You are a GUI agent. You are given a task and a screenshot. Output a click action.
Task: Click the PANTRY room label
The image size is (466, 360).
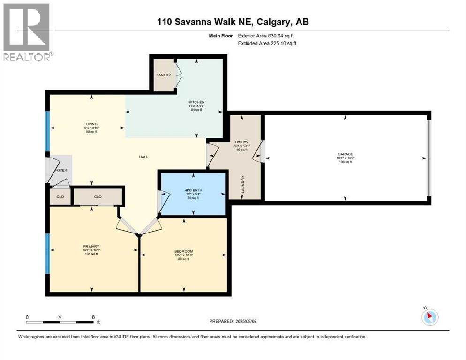click(163, 75)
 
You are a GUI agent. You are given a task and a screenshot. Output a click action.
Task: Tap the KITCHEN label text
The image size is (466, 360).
click(196, 102)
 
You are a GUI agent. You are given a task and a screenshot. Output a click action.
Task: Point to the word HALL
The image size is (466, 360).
click(143, 157)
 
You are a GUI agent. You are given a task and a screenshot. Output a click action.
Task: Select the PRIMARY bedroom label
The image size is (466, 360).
click(91, 246)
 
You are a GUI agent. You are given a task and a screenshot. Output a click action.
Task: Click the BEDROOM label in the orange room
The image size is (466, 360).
click(183, 251)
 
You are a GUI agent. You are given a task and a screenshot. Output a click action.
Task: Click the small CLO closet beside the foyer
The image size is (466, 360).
click(60, 196)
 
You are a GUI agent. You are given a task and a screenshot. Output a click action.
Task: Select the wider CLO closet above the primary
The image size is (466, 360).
click(98, 196)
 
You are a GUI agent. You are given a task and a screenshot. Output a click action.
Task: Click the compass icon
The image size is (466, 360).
click(429, 317)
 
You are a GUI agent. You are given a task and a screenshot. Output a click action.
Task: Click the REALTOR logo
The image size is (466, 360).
click(27, 32)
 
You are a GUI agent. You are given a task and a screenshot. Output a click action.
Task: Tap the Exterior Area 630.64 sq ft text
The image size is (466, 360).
click(266, 36)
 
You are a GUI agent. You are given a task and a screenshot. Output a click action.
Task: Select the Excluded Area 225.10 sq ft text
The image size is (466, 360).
click(267, 43)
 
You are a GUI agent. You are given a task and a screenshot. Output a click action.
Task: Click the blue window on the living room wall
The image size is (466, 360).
click(47, 131)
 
